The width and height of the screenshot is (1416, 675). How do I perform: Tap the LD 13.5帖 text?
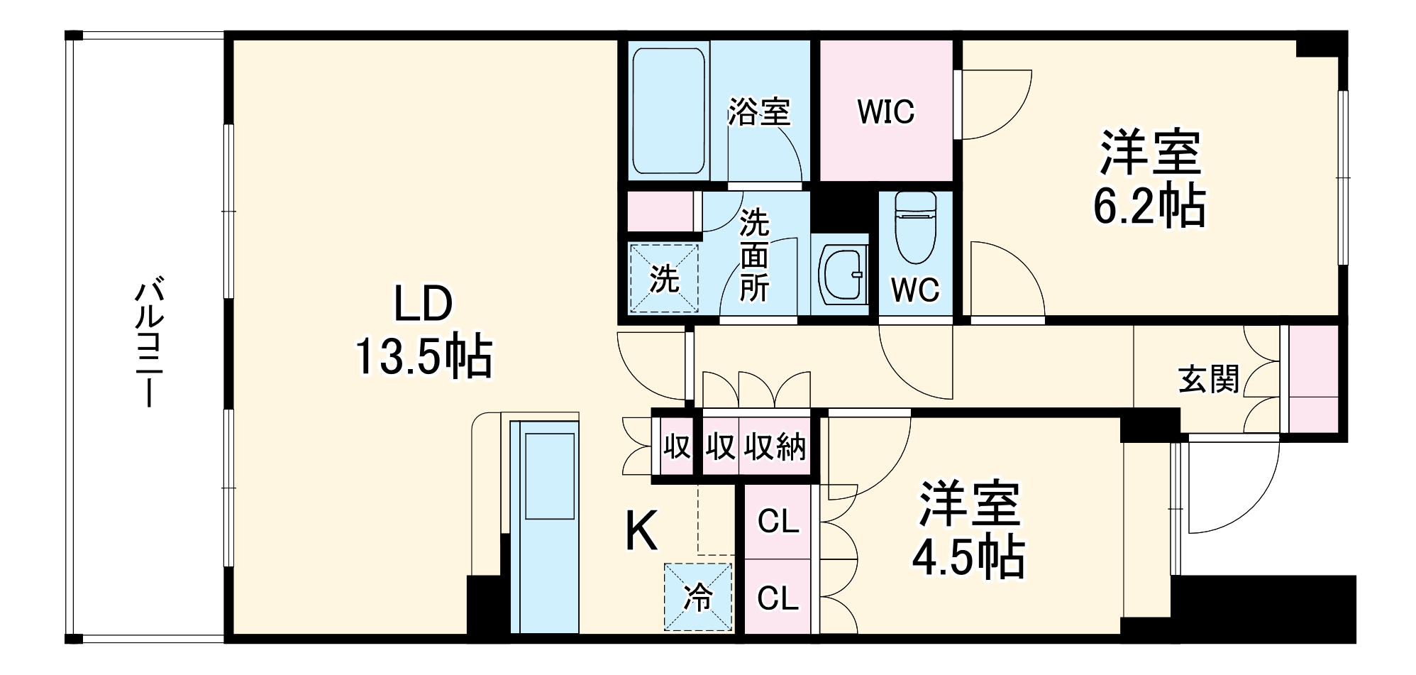click(424, 331)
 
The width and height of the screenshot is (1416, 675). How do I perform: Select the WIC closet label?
click(886, 112)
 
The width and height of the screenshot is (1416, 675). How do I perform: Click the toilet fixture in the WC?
click(915, 226)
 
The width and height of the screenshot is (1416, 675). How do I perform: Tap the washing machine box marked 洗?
click(664, 278)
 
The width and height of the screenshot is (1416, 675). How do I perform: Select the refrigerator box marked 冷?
click(698, 597)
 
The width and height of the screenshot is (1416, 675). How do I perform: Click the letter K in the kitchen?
click(641, 531)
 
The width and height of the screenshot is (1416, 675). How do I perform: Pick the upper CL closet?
click(778, 522)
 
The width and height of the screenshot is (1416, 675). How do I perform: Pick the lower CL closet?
click(778, 598)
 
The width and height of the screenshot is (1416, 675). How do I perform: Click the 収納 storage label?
click(775, 447)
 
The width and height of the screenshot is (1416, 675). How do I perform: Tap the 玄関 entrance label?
click(1208, 379)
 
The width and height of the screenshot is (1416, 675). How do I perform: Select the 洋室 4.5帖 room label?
click(969, 529)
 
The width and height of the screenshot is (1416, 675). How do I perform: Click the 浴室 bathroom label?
click(759, 112)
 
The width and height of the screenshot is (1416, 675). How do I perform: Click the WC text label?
click(915, 290)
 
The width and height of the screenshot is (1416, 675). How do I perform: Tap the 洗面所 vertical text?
click(754, 256)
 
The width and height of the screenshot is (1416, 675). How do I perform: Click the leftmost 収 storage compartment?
click(677, 447)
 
